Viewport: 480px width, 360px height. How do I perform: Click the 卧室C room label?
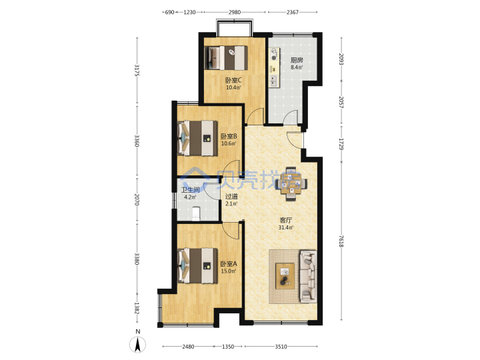click(233, 81)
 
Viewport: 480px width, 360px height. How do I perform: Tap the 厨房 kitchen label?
click(297, 60)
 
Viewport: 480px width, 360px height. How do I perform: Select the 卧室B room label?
click(229, 136)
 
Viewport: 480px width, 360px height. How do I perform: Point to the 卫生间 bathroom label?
click(190, 190)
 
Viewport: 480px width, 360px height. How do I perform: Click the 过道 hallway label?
click(231, 197)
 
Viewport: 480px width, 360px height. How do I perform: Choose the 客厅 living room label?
click(285, 220)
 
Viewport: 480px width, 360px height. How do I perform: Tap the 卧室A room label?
click(229, 263)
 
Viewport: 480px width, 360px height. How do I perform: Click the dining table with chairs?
click(291, 184)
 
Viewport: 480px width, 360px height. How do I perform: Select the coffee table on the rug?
click(285, 276)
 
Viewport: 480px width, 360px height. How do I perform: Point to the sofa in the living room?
click(308, 277)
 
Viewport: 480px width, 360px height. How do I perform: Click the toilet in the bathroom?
click(195, 213)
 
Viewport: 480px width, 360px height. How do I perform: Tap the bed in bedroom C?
click(226, 58)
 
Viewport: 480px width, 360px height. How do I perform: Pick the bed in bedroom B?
click(197, 139)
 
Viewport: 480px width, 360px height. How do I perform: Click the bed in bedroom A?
click(197, 266)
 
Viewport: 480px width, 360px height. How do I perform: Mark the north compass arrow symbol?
click(138, 345)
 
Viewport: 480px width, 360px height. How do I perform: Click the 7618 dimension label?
click(341, 241)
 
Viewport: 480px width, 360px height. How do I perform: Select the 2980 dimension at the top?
click(235, 12)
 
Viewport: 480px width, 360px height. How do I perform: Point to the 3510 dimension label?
click(281, 347)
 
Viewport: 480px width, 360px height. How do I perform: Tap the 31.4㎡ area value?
click(285, 227)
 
